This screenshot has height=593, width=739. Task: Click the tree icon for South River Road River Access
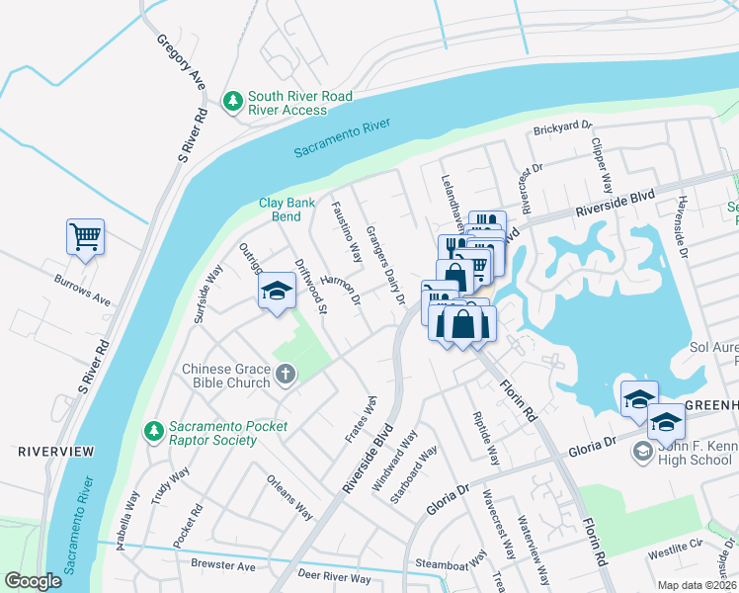point(233,102)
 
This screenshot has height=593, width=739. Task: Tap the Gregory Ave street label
point(180,63)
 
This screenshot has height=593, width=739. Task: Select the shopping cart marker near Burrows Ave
point(86,236)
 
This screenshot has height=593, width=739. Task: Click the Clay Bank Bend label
point(287,209)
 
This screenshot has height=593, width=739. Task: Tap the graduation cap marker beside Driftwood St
point(277,291)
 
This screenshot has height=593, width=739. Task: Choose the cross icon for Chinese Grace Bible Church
point(286,375)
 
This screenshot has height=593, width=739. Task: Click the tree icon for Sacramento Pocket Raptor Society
point(153,431)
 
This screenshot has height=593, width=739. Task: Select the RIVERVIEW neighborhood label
point(56,452)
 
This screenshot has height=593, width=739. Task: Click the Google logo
point(34,581)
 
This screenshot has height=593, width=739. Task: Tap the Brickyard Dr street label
point(561,127)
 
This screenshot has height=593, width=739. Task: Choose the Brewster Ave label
point(222,567)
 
